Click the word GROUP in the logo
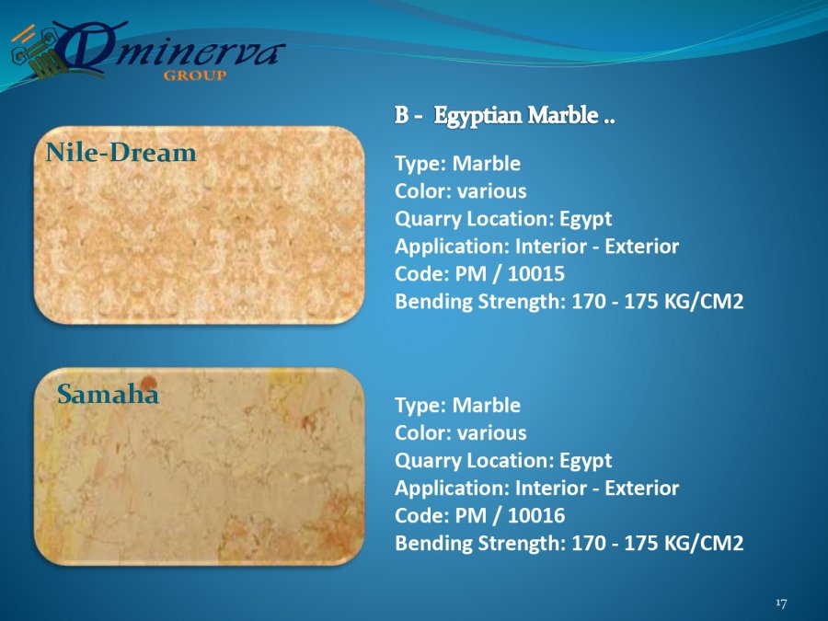[x=195, y=75]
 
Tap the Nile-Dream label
[x=121, y=153]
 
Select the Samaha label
[x=108, y=394]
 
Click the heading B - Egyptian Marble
[x=505, y=116]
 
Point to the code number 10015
[x=536, y=273]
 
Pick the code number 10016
[x=536, y=515]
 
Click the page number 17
[x=781, y=603]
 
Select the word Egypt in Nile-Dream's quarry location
[x=585, y=219]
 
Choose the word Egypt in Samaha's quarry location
[x=585, y=461]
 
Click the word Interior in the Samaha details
[x=551, y=488]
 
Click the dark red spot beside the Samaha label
[x=148, y=383]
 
